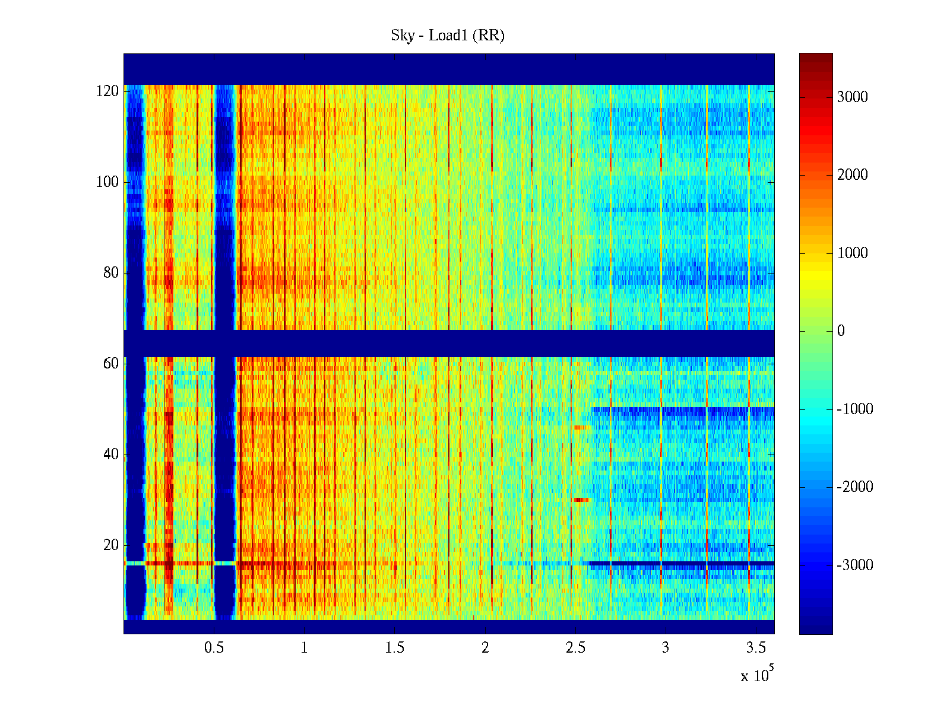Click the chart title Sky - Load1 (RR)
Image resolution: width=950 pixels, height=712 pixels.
[x=448, y=36]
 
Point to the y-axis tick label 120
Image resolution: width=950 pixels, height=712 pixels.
[x=107, y=91]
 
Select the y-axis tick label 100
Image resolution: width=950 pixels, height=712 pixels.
[x=107, y=182]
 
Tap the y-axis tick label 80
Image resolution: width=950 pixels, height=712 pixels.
[x=111, y=273]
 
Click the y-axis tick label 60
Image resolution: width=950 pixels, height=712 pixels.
[x=111, y=364]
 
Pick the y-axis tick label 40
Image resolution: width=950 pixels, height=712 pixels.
[x=111, y=454]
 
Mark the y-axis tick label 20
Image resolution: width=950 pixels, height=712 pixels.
[x=111, y=545]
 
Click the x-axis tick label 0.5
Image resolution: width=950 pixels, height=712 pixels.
[x=214, y=648]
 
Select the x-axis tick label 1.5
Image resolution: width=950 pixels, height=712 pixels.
[x=395, y=648]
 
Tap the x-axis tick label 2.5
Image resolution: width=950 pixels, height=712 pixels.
[x=575, y=648]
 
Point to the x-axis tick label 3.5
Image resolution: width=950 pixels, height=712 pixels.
[x=756, y=648]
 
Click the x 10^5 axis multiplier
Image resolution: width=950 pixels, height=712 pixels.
[x=756, y=675]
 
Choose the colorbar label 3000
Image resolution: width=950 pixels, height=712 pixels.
[x=852, y=97]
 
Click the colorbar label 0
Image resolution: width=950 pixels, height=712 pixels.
[x=841, y=331]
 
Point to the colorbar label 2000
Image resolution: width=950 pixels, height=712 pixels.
[x=852, y=175]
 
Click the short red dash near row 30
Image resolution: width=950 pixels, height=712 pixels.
[x=581, y=500]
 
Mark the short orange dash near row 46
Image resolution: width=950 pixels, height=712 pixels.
[x=579, y=427]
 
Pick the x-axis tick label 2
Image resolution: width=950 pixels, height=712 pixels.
[x=485, y=648]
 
